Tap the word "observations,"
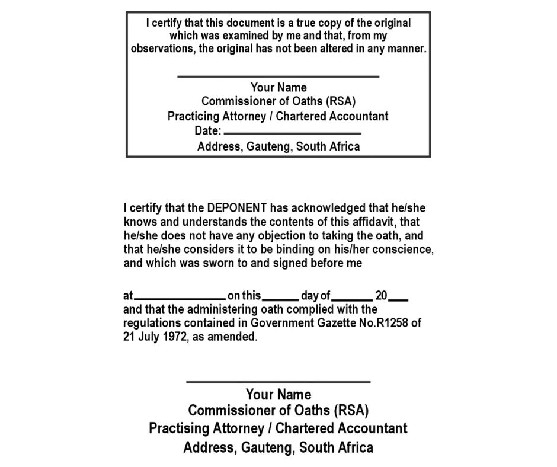click(x=163, y=49)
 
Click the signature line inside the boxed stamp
click(x=278, y=76)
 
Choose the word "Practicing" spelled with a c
click(x=194, y=116)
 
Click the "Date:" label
click(x=208, y=131)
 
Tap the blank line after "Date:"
click(x=293, y=133)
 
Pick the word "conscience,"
click(x=405, y=250)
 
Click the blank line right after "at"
click(x=180, y=299)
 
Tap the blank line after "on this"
click(x=280, y=299)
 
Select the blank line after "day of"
click(x=352, y=299)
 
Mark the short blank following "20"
click(x=399, y=299)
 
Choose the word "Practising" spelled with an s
click(x=179, y=428)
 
